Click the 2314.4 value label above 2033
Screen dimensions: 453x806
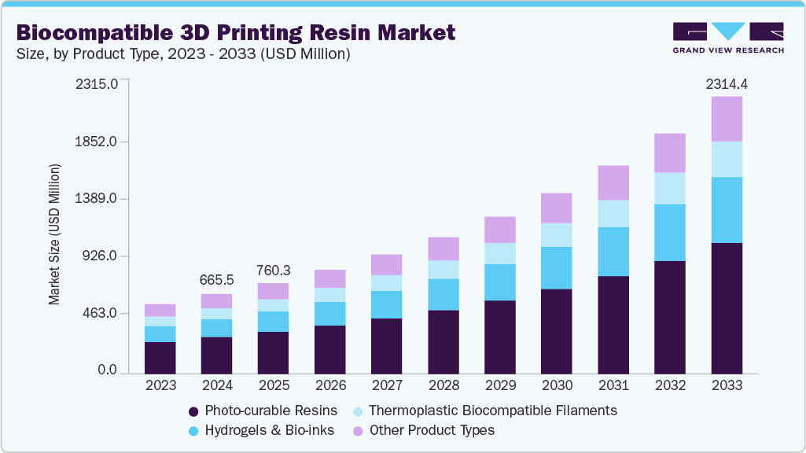(726, 83)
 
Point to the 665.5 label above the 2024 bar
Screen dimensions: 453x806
(216, 281)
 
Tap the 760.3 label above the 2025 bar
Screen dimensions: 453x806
(273, 270)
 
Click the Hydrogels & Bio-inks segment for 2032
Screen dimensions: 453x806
(669, 232)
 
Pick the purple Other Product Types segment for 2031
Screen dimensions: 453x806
(613, 182)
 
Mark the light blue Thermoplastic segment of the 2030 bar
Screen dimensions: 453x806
(556, 234)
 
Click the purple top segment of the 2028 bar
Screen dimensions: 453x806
(443, 249)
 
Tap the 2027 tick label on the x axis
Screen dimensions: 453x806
(386, 386)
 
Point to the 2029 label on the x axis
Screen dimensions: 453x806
(499, 386)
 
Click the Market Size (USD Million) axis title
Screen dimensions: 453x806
(54, 234)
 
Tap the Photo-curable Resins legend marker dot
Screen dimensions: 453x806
(193, 411)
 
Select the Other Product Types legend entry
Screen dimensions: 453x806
(432, 430)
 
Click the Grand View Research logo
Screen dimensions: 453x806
(727, 38)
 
